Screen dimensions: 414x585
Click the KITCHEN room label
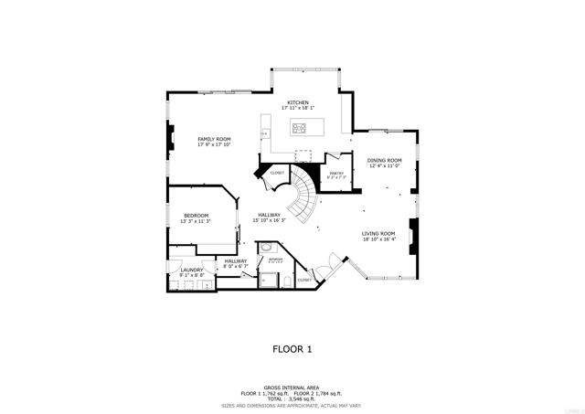298,102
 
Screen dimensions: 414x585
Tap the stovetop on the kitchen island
301,127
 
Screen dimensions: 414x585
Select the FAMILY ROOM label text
215,139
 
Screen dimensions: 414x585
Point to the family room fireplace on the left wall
169,138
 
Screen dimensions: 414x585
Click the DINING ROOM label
384,160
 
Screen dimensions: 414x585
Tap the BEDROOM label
196,216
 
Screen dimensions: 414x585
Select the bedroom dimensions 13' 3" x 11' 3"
196,221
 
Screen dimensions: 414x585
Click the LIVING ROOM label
378,233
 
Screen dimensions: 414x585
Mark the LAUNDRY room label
191,270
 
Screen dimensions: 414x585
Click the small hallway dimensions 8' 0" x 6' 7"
236,267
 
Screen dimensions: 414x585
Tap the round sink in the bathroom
266,247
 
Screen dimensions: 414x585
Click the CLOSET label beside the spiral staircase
277,172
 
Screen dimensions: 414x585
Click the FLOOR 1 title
292,348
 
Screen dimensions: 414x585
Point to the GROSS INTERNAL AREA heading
292,387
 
